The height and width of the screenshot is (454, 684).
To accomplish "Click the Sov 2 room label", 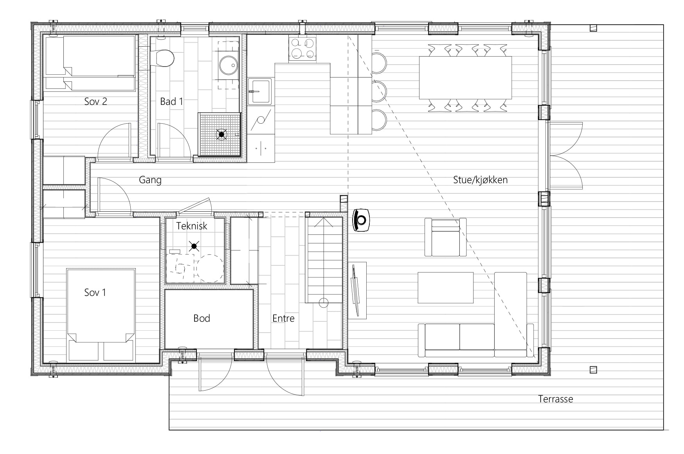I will [x=95, y=102].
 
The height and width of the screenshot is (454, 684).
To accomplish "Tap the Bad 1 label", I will [x=171, y=102].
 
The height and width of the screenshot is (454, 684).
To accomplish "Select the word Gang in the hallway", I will [x=150, y=180].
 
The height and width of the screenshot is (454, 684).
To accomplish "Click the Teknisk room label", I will [x=192, y=226].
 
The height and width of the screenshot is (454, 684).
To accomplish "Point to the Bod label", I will [x=202, y=318].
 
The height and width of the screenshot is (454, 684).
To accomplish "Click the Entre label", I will [x=283, y=318].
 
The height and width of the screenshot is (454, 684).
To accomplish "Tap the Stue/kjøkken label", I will [x=480, y=180].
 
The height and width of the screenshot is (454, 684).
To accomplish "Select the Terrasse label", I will [x=555, y=399].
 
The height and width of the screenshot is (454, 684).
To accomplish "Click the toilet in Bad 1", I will [x=164, y=58].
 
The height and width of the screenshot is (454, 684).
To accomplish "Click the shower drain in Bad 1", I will [x=221, y=135].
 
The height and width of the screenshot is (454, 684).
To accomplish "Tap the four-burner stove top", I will [x=302, y=49].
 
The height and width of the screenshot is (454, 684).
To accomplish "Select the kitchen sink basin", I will [x=259, y=91].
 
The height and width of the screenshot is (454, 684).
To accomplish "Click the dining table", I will [x=465, y=77].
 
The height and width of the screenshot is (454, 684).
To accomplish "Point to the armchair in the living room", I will [x=446, y=237].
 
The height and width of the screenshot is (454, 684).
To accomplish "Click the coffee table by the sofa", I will [x=445, y=288].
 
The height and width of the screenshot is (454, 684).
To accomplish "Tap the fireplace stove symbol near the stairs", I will [x=362, y=220].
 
